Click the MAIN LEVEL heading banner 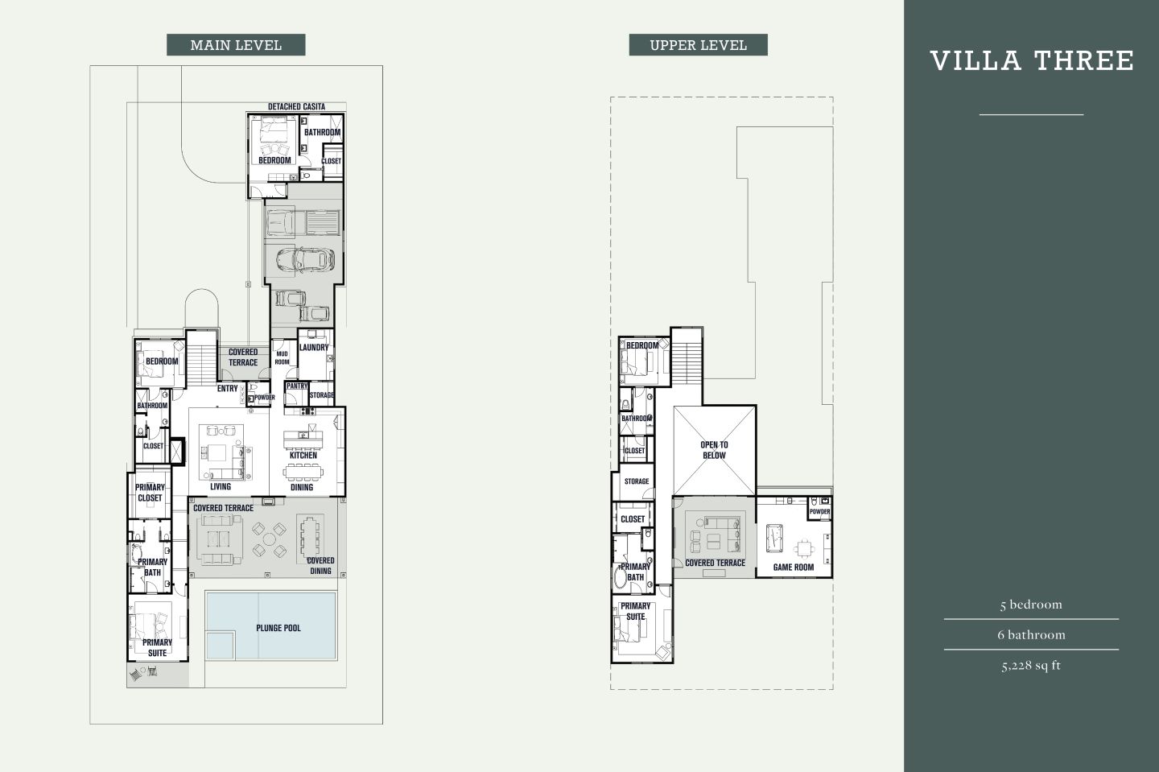click(236, 45)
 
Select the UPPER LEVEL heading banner click(698, 45)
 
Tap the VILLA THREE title click(1032, 61)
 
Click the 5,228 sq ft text click(1031, 666)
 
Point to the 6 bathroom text click(1031, 634)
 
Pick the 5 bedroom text click(1031, 605)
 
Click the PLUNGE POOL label click(278, 628)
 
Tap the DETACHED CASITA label click(296, 107)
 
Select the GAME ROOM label click(793, 568)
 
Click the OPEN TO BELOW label click(714, 450)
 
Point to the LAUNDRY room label click(314, 348)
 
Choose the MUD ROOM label click(282, 358)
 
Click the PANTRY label click(297, 386)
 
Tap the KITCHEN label click(303, 456)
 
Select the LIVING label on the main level click(220, 487)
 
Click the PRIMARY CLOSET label click(150, 493)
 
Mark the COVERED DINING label click(320, 566)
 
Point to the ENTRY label click(227, 389)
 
